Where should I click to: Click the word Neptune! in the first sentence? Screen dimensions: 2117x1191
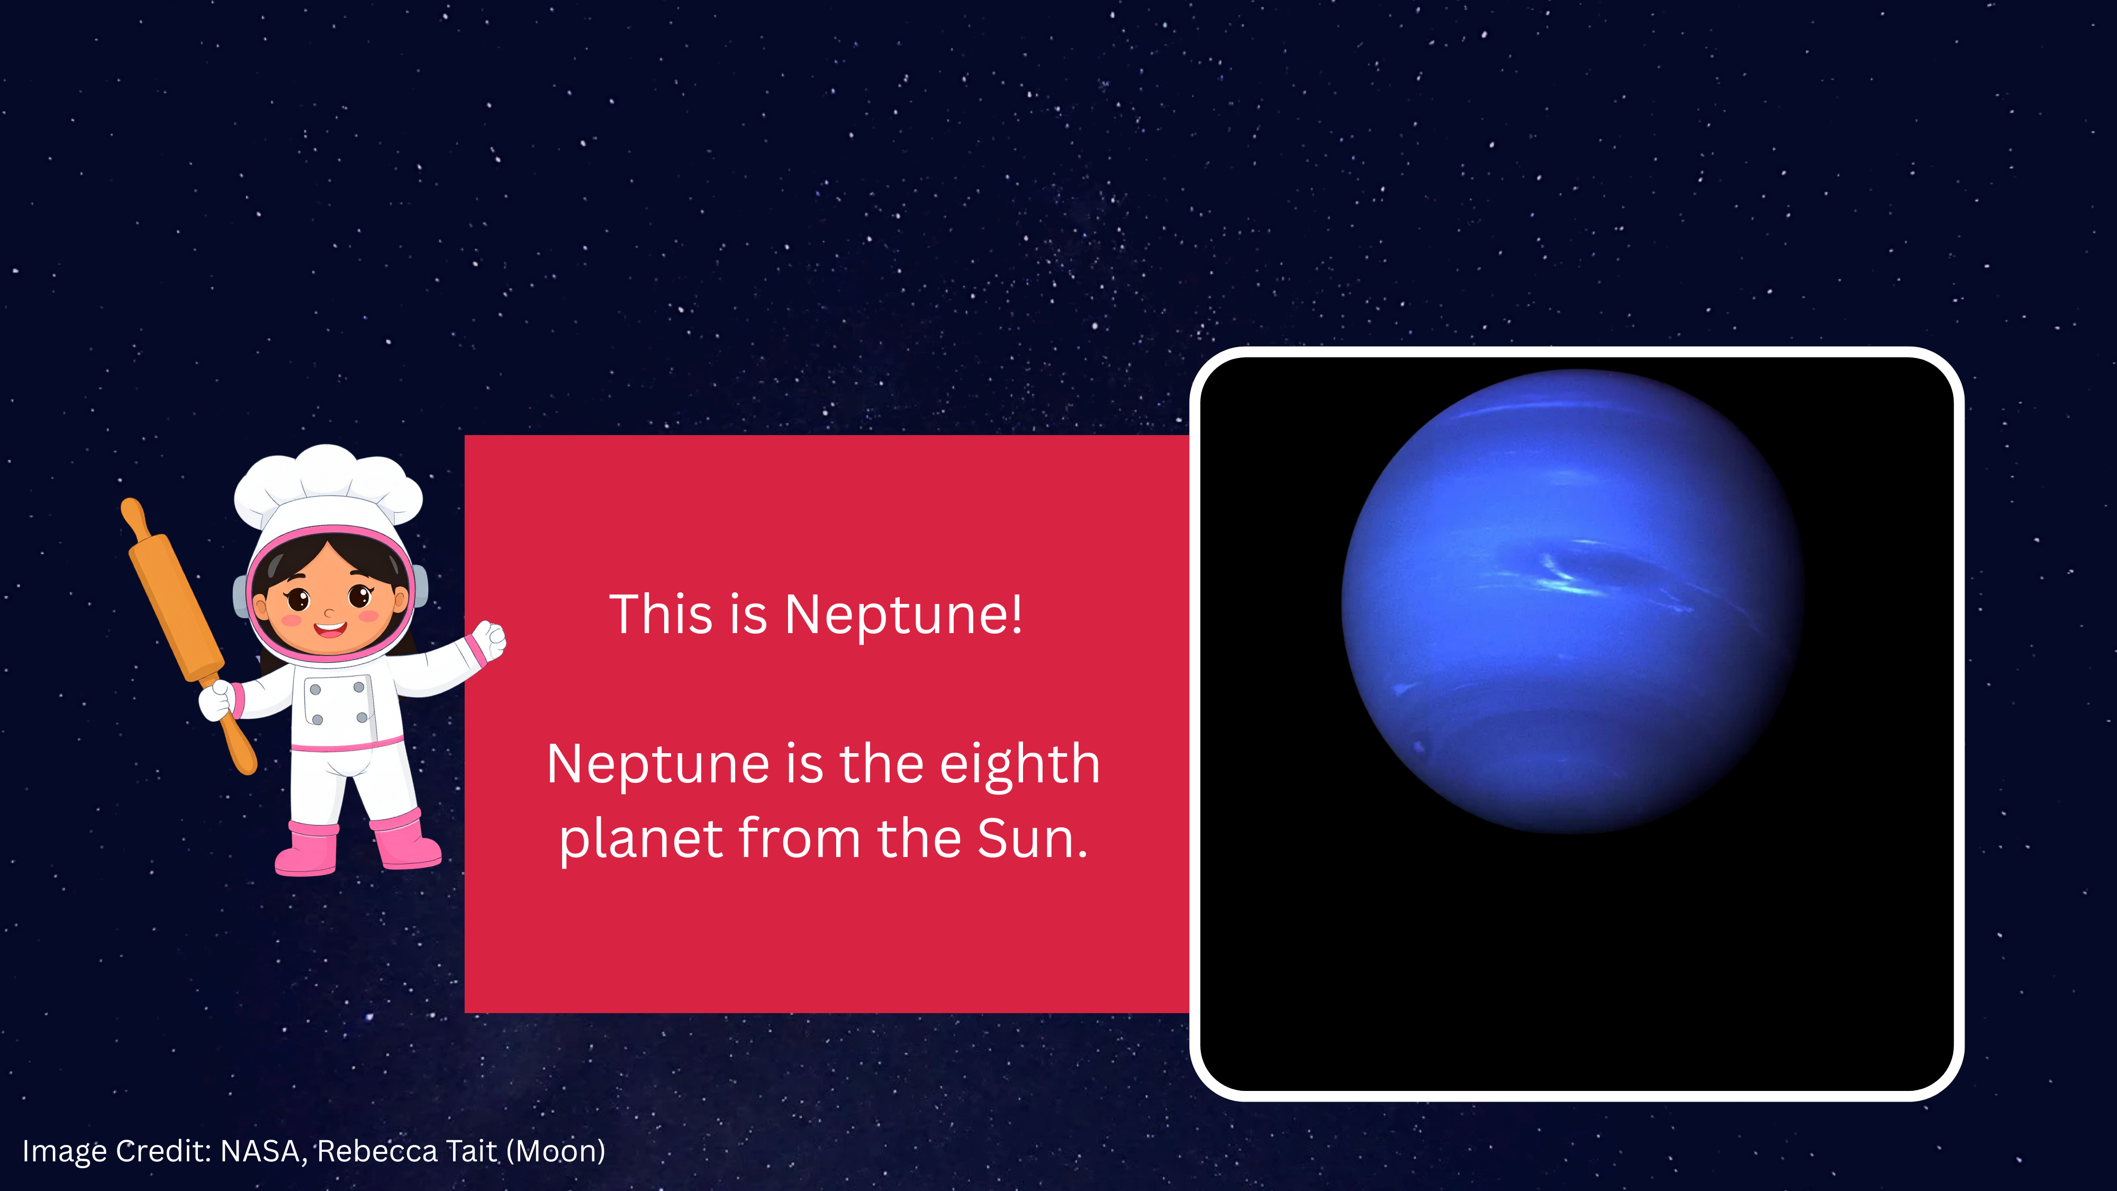[x=904, y=614]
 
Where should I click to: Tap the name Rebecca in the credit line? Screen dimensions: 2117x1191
[x=377, y=1151]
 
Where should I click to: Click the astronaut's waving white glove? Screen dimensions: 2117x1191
[x=488, y=641]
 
